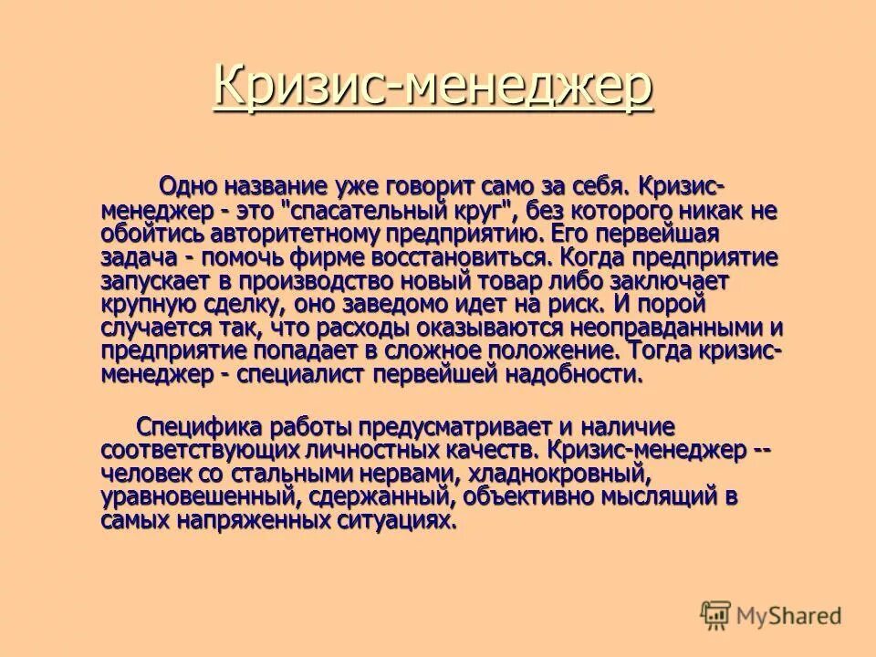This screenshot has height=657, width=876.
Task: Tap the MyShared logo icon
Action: (716, 615)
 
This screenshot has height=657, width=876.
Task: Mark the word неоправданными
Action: (671, 328)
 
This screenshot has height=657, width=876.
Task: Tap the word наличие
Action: (629, 426)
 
